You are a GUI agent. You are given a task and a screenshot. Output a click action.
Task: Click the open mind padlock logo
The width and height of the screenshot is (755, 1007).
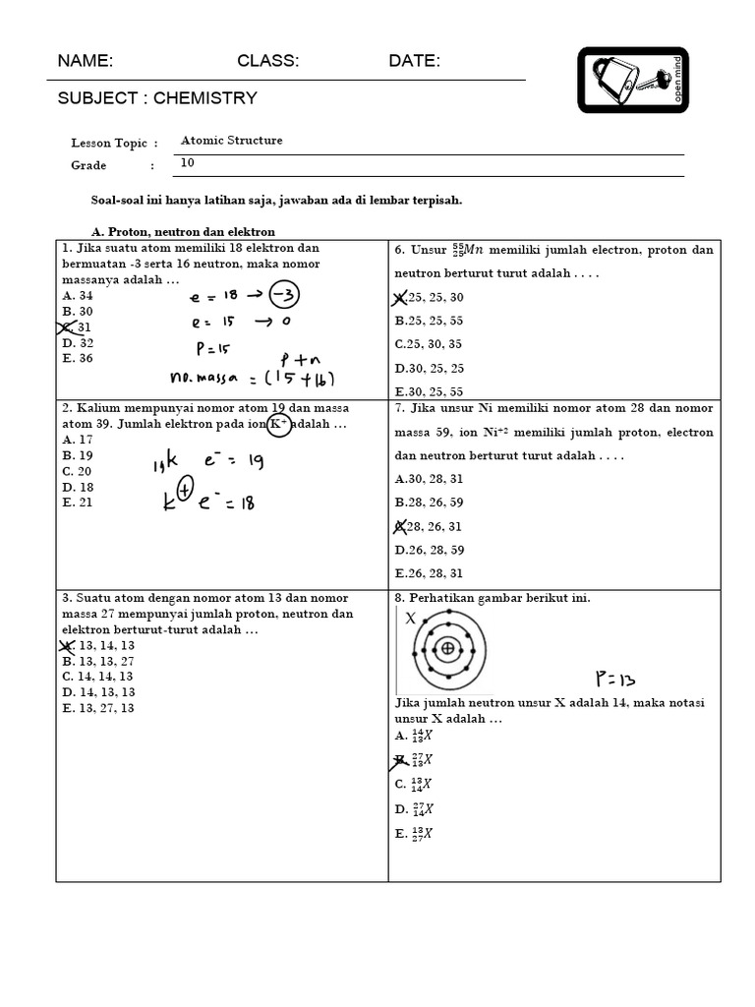click(x=633, y=80)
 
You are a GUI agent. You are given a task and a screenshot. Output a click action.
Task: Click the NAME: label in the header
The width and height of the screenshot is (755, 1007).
click(x=86, y=61)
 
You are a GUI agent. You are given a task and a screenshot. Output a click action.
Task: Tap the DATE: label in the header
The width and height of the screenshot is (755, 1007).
click(x=414, y=61)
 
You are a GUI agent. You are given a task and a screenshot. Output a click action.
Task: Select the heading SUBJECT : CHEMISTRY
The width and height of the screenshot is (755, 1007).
click(x=157, y=97)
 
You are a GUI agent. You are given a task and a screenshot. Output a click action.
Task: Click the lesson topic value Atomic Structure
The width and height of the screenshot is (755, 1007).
click(x=231, y=141)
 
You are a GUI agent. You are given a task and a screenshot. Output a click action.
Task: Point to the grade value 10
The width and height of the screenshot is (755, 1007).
click(x=188, y=163)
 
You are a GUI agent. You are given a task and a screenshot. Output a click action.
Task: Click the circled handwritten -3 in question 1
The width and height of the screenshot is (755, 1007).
click(x=283, y=296)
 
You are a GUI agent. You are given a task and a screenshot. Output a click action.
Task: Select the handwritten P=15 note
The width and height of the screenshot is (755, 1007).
click(x=214, y=347)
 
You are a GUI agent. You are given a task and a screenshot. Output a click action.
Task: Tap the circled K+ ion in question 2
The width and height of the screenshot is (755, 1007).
click(x=278, y=425)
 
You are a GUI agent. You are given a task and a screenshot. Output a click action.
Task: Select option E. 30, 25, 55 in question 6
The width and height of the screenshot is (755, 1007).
click(x=430, y=391)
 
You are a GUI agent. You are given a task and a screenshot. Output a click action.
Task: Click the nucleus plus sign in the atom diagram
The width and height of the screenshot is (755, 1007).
click(x=448, y=648)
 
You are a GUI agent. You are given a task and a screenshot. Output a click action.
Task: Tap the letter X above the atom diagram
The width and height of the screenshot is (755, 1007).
click(x=411, y=619)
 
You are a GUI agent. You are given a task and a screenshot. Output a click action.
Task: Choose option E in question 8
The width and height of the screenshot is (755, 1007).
click(x=414, y=833)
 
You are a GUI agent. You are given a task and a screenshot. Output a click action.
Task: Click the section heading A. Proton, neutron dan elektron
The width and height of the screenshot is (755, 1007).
click(x=183, y=231)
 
